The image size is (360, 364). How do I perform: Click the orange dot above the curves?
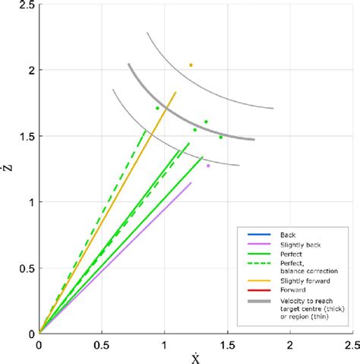[x=191, y=65]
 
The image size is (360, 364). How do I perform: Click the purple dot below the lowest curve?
[x=208, y=166]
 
